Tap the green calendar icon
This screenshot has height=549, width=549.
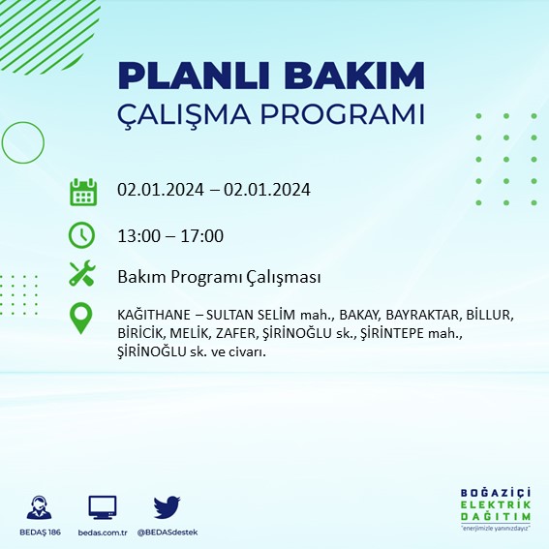pos(83,191)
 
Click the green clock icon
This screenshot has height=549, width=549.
pos(83,235)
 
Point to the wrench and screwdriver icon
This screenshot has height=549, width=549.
pos(83,275)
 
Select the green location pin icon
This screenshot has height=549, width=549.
pos(83,319)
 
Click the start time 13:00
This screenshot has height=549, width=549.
pos(137,235)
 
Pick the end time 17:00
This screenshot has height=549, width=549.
pos(203,235)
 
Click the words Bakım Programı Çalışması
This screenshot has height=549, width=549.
pos(219,278)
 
